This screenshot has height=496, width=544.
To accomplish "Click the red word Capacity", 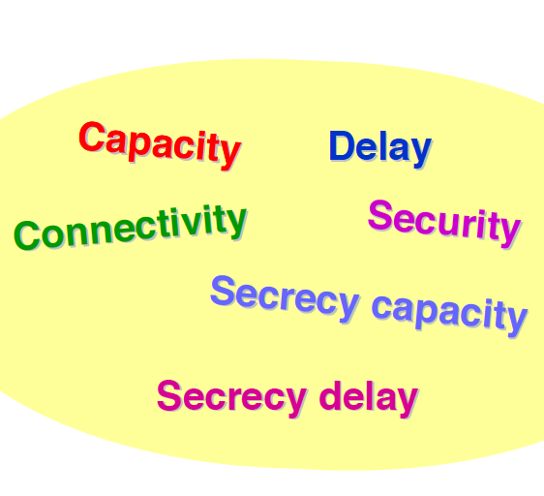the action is coord(160,146).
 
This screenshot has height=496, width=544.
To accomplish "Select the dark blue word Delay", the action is coord(380,148).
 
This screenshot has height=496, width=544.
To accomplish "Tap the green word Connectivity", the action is coord(130,227).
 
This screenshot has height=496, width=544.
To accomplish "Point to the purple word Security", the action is coord(444,224).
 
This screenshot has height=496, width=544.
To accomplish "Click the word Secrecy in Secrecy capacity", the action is coord(285,298).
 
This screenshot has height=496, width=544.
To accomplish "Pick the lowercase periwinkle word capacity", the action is coord(450,315).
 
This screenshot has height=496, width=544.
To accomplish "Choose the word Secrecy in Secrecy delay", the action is coord(231,398).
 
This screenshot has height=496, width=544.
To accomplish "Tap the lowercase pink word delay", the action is coord(369,398).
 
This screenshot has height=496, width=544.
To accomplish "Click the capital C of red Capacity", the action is coord(92,137).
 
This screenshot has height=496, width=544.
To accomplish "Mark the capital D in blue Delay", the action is coord(342,145).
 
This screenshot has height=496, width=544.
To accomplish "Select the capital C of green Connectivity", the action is coord(27,235).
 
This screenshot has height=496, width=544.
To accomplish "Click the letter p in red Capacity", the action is coord(139,147).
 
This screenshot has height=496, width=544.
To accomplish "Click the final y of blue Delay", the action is coord(420,153).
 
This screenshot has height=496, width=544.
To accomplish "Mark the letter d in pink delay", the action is coord(330,395).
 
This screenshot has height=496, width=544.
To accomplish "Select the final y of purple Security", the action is coord(509,233).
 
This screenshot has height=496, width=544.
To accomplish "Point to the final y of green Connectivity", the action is coord(235,224).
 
